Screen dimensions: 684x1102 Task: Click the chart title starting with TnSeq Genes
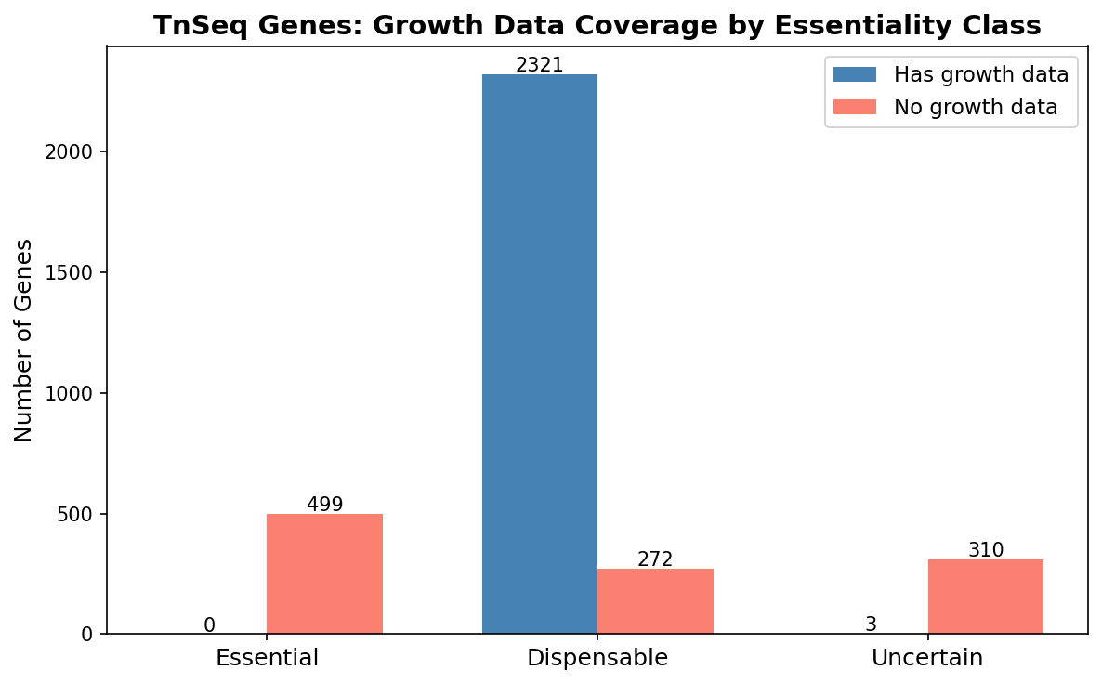[x=597, y=25]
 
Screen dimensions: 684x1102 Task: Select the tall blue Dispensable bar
[x=539, y=353]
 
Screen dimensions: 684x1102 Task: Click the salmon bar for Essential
[x=324, y=573]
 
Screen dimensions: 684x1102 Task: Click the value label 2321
[x=539, y=65]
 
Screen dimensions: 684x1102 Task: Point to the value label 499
[x=324, y=505]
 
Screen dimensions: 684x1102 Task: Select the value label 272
[x=655, y=559]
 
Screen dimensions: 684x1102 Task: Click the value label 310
[x=985, y=550]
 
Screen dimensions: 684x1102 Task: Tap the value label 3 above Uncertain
[x=871, y=625]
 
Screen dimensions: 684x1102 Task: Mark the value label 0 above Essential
[x=209, y=625]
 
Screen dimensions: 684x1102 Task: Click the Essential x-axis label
[x=267, y=658]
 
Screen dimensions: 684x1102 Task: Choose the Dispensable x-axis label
[x=597, y=658]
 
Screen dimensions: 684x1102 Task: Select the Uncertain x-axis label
[x=926, y=658]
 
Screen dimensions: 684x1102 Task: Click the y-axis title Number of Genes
[x=24, y=340]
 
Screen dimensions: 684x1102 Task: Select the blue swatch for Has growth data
[x=854, y=74]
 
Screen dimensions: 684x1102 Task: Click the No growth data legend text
[x=975, y=108]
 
